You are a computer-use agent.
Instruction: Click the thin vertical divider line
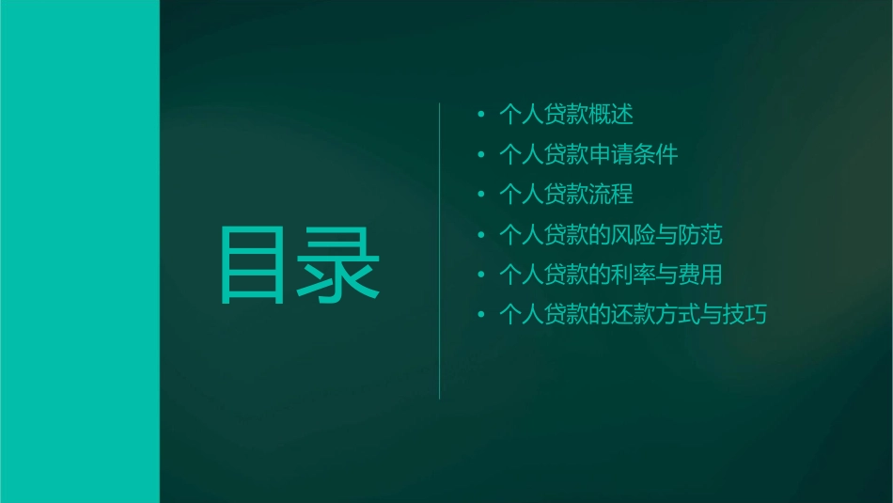[x=440, y=251]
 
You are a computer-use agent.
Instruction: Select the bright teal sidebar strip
[x=79, y=251]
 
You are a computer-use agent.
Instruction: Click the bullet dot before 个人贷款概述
[x=481, y=115]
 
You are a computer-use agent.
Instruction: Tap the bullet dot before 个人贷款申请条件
[x=481, y=154]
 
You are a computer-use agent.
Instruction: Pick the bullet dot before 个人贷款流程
[x=481, y=195]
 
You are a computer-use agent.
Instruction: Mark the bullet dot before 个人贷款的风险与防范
[x=481, y=235]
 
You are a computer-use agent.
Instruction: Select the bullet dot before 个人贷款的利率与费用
[x=481, y=275]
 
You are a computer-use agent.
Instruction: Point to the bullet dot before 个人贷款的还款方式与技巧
[x=481, y=315]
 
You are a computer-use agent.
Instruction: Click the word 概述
[x=611, y=115]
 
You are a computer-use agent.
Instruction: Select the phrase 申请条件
[x=634, y=154]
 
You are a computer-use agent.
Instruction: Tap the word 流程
[x=611, y=195]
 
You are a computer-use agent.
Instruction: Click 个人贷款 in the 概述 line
[x=543, y=115]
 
